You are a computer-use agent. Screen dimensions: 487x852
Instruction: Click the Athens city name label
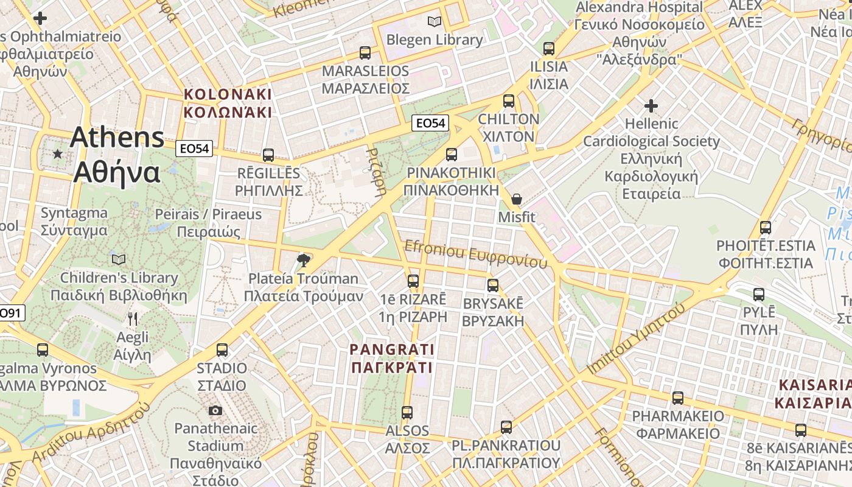coord(117,155)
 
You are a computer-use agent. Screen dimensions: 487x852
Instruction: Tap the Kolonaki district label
coord(228,103)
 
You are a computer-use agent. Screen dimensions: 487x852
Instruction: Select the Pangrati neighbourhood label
coord(393,358)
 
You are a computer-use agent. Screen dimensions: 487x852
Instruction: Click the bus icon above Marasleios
coord(365,53)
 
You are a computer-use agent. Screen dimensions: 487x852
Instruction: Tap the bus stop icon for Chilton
coord(509,101)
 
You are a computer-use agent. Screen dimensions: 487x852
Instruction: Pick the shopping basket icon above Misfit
coord(517,199)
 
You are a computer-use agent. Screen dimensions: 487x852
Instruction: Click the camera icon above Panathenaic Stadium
coord(215,411)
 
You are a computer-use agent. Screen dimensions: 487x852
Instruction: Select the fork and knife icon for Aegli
coord(133,318)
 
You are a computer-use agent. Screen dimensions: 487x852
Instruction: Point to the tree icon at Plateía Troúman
coord(303,261)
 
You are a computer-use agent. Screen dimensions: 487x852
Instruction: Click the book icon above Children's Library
coord(119,260)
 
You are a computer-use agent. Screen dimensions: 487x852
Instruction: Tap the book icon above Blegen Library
coord(434,22)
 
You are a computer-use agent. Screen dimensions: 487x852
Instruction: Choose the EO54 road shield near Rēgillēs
coord(195,149)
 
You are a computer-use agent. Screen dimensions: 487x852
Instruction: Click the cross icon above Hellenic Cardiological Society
coord(651,106)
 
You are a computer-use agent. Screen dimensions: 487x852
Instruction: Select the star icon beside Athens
coord(58,154)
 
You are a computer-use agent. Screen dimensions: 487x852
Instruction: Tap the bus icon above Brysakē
coord(493,285)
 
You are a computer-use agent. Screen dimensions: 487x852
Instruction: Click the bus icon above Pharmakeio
coord(678,398)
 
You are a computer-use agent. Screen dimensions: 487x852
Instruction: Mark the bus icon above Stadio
coord(222,350)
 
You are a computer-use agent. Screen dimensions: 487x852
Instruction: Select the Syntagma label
coord(74,222)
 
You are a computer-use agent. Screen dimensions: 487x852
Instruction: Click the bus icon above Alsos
coord(407,413)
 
